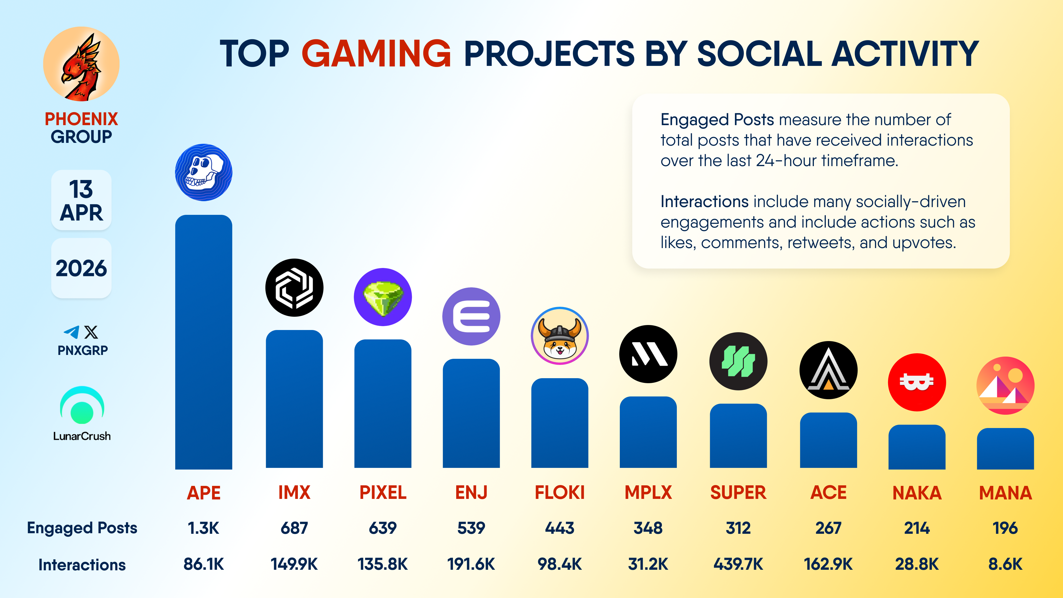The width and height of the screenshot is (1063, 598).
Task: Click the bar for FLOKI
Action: click(559, 423)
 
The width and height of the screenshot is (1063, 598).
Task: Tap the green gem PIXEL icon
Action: click(383, 297)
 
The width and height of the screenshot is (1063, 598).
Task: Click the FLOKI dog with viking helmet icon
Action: click(559, 336)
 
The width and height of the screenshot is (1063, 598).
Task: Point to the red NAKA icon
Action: click(917, 382)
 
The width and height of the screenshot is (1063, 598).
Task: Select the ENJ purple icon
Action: click(471, 316)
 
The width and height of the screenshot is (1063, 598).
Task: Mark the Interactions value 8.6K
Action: click(1005, 564)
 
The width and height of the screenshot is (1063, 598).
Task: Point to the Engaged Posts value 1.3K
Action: click(203, 528)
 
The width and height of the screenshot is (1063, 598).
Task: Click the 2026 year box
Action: click(81, 268)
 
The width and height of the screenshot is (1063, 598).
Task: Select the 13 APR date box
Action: click(81, 200)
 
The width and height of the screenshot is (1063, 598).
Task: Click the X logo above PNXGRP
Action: click(91, 332)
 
